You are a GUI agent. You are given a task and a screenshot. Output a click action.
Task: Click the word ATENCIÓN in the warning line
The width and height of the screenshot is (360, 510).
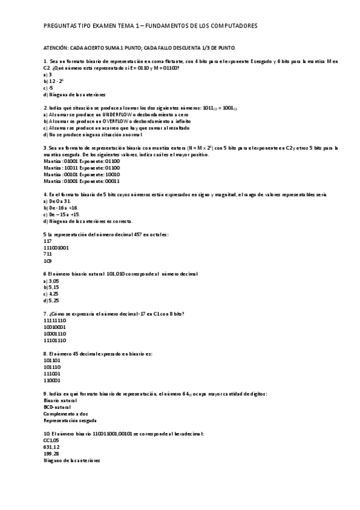click(x=56, y=48)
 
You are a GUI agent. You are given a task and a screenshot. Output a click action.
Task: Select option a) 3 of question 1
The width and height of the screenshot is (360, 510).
click(x=47, y=75)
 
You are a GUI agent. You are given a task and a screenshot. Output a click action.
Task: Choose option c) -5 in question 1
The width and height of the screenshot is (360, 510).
click(x=48, y=88)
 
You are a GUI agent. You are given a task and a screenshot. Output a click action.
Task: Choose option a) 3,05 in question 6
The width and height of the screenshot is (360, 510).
click(x=51, y=280)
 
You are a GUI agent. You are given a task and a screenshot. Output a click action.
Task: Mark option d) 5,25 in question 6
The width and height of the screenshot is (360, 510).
click(x=51, y=300)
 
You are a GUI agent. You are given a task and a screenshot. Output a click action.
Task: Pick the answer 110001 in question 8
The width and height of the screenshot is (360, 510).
click(x=52, y=380)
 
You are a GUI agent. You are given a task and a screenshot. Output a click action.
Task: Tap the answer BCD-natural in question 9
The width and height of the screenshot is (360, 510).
click(x=56, y=407)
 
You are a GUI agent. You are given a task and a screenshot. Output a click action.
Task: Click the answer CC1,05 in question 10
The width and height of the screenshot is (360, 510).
click(x=52, y=440)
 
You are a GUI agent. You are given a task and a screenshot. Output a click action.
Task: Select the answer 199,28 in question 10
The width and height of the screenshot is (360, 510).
click(x=52, y=453)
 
